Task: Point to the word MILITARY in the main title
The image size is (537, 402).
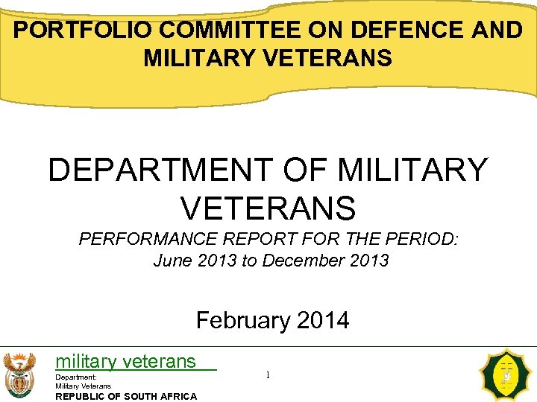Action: [x=412, y=170]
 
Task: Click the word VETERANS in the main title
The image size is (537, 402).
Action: [x=268, y=208]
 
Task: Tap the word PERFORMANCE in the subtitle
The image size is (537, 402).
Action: [x=150, y=240]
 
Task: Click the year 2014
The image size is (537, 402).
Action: [x=322, y=321]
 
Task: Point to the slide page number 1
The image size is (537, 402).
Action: [x=268, y=375]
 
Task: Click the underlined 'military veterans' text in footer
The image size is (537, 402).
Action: [x=125, y=363]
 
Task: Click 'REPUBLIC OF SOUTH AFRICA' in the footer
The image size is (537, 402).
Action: [x=126, y=396]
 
